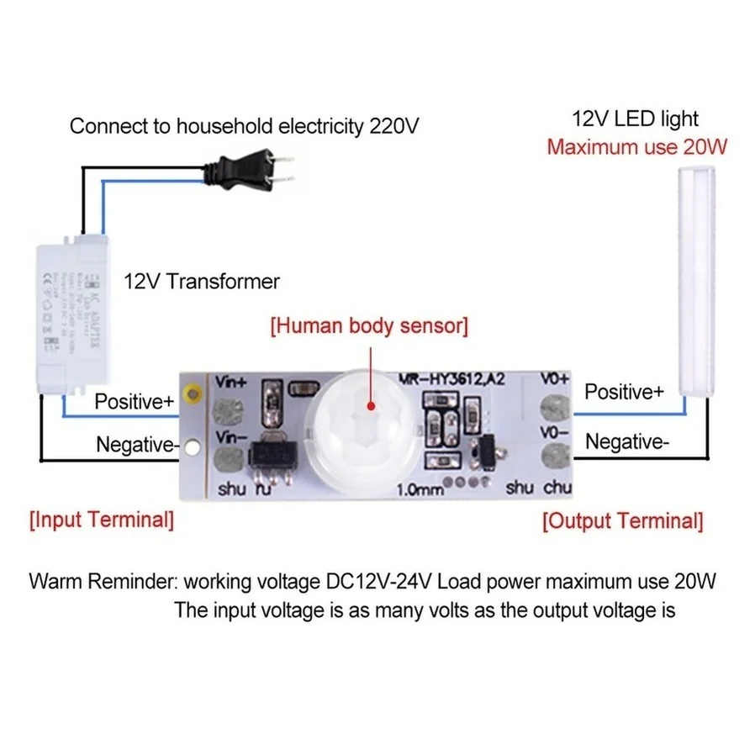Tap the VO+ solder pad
[x=554, y=407]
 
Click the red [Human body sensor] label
[x=368, y=325]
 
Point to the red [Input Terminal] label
[x=102, y=520]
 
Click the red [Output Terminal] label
[x=622, y=520]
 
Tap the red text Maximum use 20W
[x=636, y=147]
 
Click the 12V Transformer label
[x=202, y=281]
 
